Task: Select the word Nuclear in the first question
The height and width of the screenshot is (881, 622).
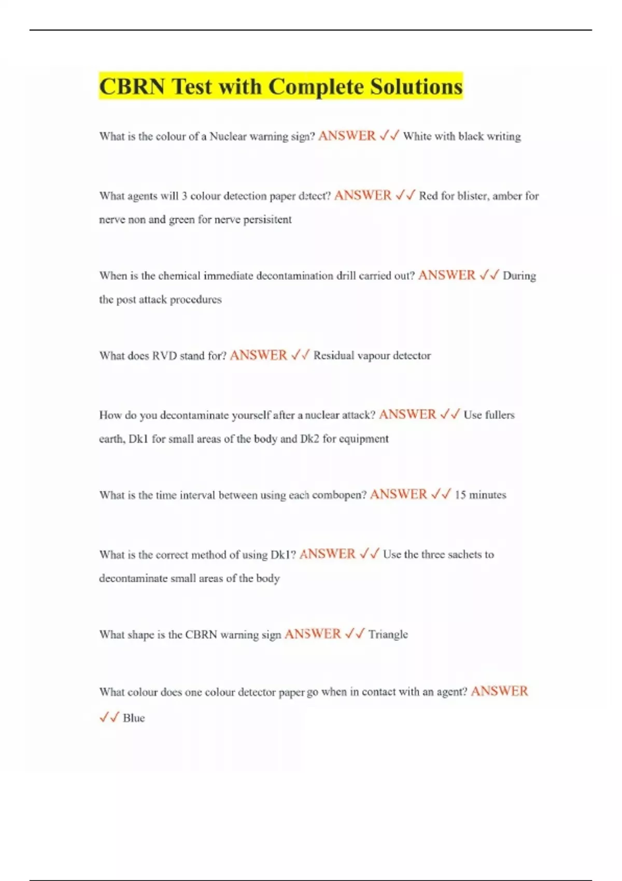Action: [x=228, y=136]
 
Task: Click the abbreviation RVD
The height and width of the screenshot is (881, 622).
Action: [x=165, y=356]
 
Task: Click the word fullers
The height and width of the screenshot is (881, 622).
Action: [x=500, y=415]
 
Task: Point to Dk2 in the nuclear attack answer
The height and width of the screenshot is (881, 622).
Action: [x=309, y=439]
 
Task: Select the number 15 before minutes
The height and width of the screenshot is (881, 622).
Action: [x=460, y=495]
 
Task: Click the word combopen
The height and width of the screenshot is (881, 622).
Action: [x=339, y=495]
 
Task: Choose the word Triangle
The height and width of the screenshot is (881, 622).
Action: [x=388, y=634]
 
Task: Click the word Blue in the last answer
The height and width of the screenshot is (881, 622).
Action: [x=134, y=718]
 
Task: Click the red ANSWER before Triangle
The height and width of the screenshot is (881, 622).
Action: [x=313, y=634]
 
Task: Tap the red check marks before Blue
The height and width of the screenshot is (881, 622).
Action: [x=109, y=718]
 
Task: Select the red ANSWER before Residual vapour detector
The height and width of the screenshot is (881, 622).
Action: [x=258, y=355]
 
